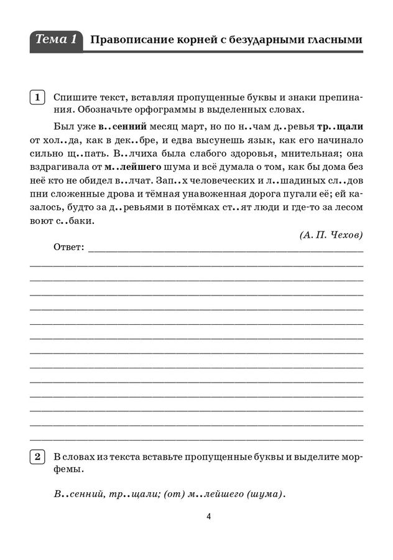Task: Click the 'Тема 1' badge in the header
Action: [x=56, y=40]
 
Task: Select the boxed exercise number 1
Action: [x=37, y=98]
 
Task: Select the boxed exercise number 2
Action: [x=37, y=457]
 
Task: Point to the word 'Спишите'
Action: [x=72, y=98]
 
